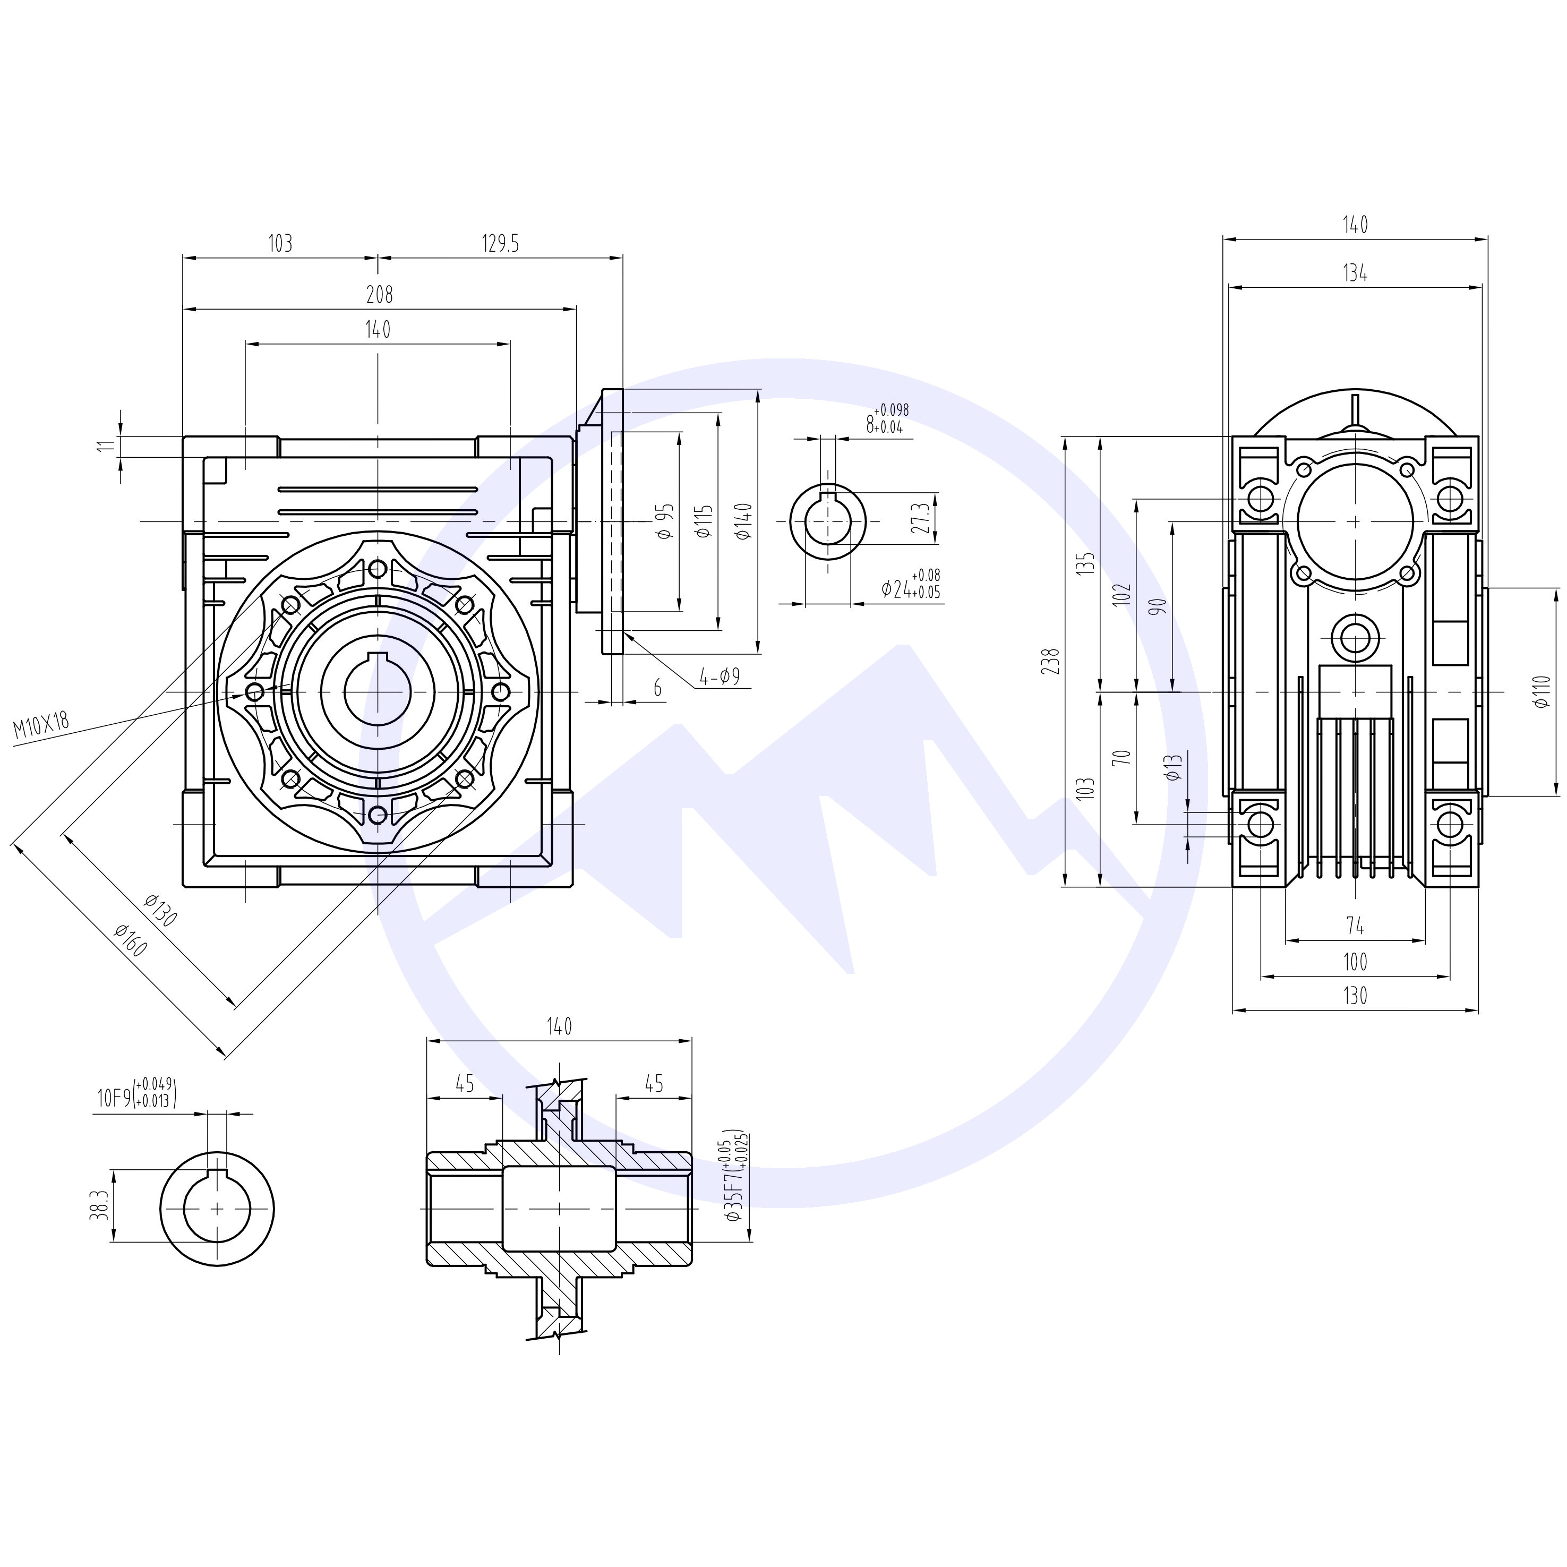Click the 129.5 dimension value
[x=500, y=243]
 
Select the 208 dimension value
[x=379, y=294]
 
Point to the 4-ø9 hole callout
[x=720, y=677]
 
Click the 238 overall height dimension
[x=1052, y=662]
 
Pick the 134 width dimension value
[x=1355, y=273]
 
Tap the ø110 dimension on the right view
[x=1543, y=692]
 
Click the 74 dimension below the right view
[x=1355, y=926]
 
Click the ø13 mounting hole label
[x=1174, y=766]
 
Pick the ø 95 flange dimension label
[x=664, y=521]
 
